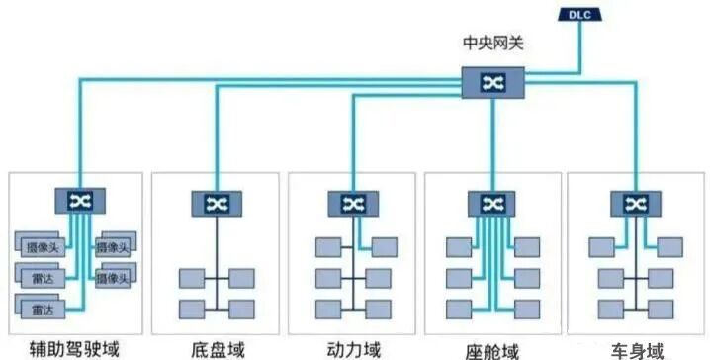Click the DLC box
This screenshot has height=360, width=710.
(579, 14)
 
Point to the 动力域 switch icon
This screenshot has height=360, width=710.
(351, 203)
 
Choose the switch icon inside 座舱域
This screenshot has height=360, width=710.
(489, 203)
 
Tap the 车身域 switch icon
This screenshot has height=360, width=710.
(629, 203)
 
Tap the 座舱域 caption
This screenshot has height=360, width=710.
(491, 349)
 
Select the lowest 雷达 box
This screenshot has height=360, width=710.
(42, 310)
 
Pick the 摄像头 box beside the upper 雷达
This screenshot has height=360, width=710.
(114, 278)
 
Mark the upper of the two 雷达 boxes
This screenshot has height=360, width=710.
(43, 277)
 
